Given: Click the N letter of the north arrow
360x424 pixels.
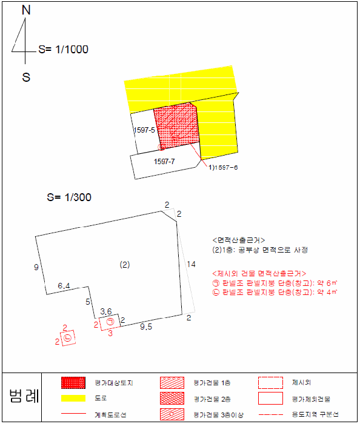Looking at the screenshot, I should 25,10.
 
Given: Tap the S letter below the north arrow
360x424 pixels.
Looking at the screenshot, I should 26,77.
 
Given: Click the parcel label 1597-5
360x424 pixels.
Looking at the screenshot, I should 144,130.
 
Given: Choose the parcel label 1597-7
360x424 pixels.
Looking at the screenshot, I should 165,161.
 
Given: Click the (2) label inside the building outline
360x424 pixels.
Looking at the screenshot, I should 125,265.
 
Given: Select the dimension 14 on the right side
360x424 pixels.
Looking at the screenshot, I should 192,263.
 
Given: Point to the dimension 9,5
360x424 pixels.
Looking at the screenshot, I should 145,327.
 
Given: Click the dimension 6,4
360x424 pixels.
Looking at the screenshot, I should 64,285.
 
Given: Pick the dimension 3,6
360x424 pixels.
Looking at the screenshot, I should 105,311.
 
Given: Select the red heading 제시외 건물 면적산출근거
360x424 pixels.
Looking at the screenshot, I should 259,273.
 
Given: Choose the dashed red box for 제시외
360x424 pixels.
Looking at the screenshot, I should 270,383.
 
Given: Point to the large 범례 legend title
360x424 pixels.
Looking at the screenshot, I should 24,397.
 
